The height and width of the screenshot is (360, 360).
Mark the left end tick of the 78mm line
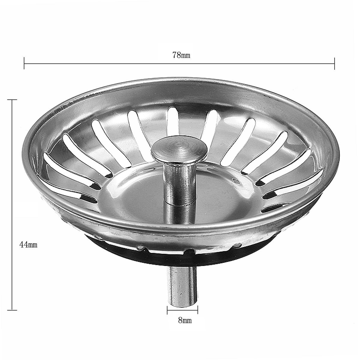24,64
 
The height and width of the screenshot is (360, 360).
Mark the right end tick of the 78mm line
334,64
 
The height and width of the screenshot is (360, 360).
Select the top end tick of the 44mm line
12,100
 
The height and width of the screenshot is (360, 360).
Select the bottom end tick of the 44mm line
12,310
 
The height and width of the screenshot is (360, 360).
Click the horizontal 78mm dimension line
120,64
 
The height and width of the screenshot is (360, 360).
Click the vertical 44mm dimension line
12,180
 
